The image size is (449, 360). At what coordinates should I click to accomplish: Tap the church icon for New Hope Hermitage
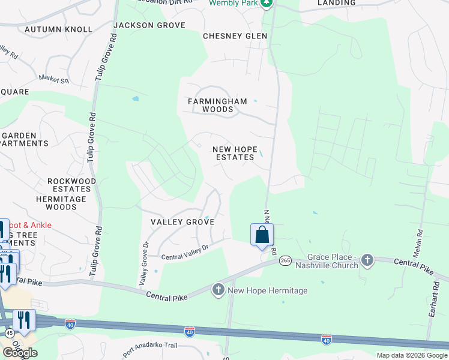click(218, 290)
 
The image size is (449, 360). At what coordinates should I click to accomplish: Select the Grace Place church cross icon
click(367, 260)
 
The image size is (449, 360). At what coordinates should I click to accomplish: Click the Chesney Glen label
click(235, 36)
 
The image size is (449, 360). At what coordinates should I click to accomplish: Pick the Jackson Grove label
click(149, 25)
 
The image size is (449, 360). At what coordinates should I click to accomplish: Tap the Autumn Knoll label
click(58, 29)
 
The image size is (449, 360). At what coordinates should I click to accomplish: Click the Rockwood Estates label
click(71, 185)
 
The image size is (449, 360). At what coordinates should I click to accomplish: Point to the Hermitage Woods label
click(65, 203)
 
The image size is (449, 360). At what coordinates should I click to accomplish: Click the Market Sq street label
click(54, 79)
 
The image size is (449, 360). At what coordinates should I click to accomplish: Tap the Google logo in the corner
click(20, 353)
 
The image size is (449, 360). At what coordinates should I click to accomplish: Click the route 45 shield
click(9, 332)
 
